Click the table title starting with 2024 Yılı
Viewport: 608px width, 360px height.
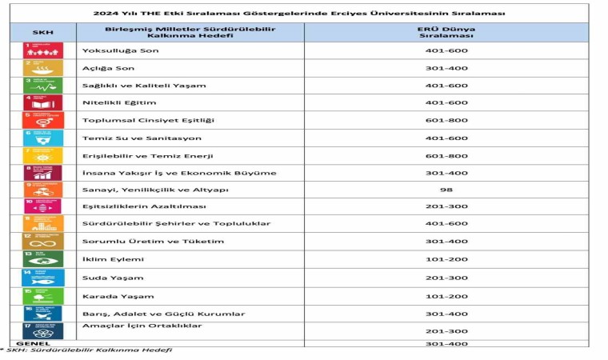pyautogui.click(x=310, y=13)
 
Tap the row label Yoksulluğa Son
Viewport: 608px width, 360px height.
pyautogui.click(x=121, y=51)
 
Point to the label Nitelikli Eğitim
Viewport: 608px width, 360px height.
pyautogui.click(x=119, y=102)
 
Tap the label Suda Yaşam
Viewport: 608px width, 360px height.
pyautogui.click(x=113, y=278)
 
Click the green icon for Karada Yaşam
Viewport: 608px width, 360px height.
pyautogui.click(x=43, y=295)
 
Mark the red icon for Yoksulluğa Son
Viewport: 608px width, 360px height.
pyautogui.click(x=43, y=50)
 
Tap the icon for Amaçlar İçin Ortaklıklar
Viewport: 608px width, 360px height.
pyautogui.click(x=43, y=330)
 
